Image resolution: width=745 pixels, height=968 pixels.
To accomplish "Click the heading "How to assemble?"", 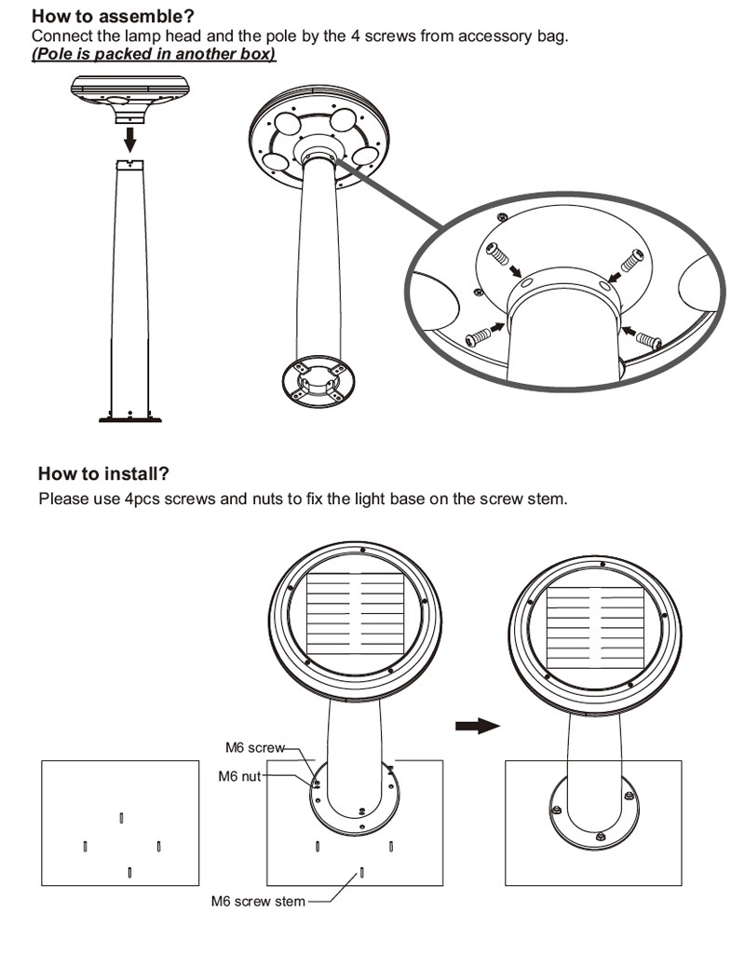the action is (x=113, y=16).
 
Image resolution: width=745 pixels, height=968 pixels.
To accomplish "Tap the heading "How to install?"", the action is (x=103, y=473).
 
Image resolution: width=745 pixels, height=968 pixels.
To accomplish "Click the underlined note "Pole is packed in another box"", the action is (x=154, y=54).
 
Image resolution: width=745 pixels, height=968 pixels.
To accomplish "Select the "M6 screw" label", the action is (x=255, y=747).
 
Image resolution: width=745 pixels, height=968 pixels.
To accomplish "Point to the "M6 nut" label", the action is (x=239, y=776).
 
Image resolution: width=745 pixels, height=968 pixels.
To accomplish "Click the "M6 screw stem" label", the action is (x=258, y=901).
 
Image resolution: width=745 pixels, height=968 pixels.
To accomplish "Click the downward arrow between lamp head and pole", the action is (x=129, y=140).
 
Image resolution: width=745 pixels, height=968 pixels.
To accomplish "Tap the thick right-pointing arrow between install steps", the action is (x=477, y=726).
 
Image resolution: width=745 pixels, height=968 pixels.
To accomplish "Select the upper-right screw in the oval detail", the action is (x=632, y=261).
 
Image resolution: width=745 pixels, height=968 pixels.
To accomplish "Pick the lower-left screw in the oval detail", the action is (x=479, y=336).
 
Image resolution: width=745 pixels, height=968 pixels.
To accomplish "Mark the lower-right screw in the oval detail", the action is (x=649, y=339).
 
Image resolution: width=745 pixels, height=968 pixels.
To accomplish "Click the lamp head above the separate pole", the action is (x=129, y=98).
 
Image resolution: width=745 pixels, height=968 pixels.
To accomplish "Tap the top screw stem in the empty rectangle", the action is (x=121, y=818).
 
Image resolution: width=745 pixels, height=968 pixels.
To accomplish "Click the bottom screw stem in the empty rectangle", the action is (x=129, y=872).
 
